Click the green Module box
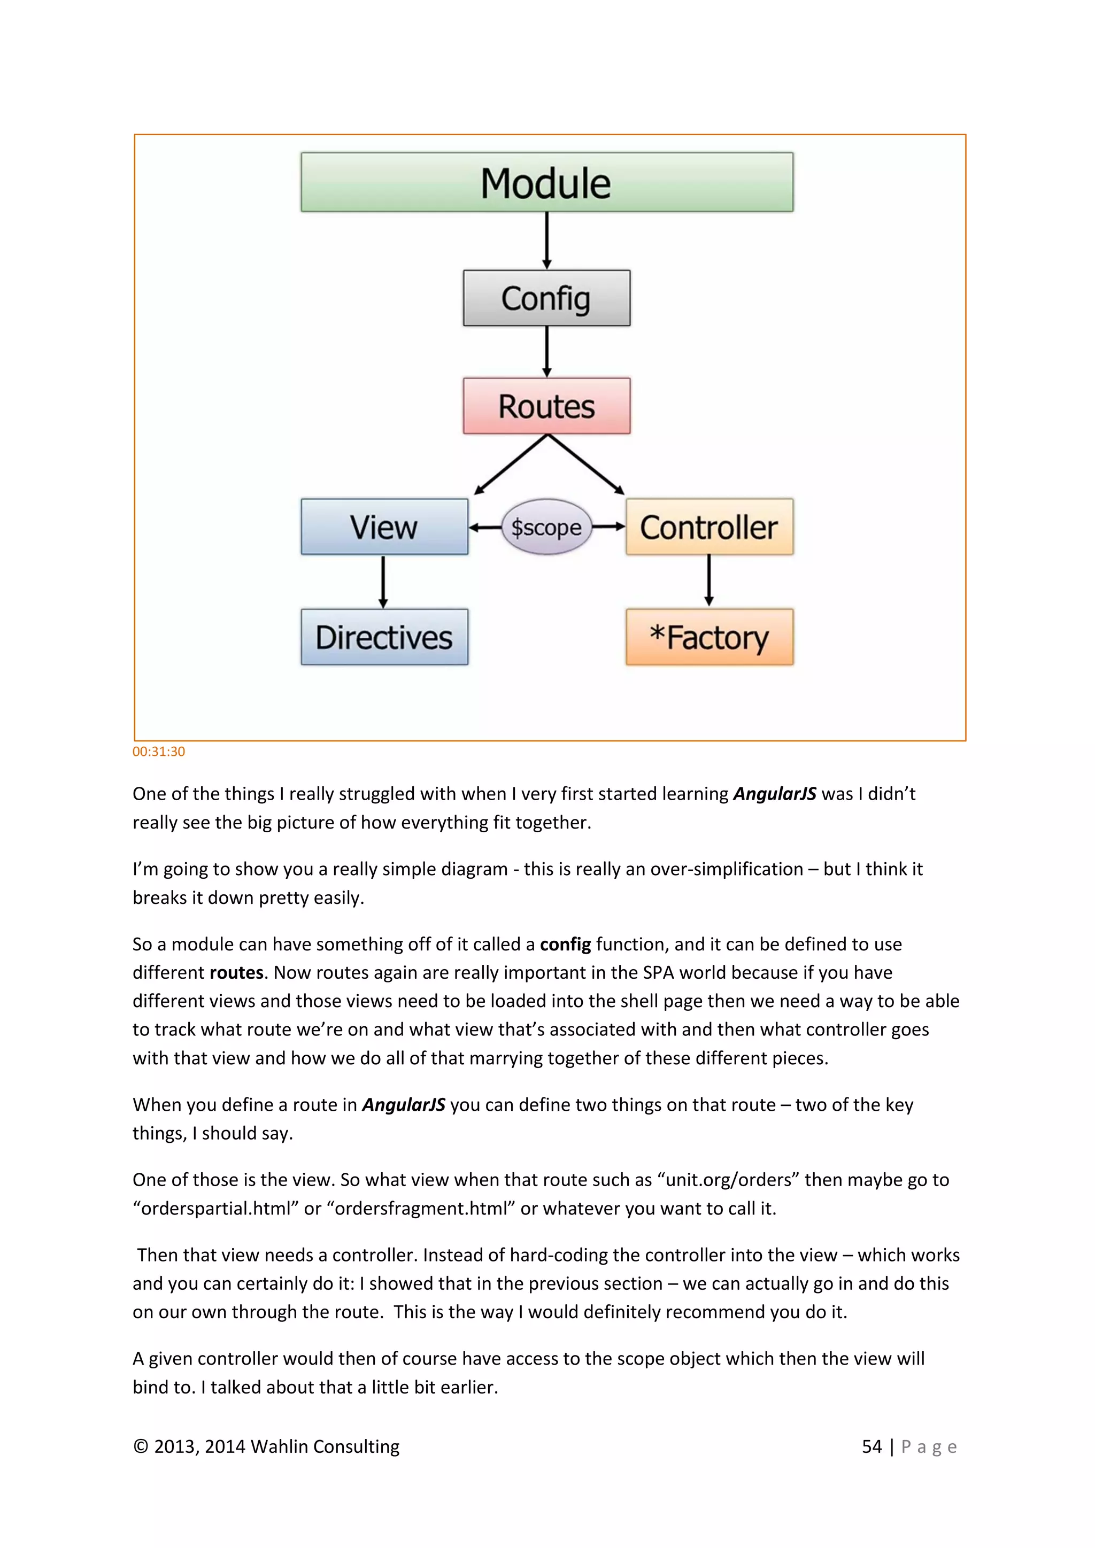coord(547,182)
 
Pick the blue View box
coord(384,527)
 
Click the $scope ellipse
coord(546,527)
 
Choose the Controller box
coord(710,527)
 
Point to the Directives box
coord(384,637)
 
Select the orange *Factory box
coord(710,637)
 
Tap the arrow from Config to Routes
coord(547,351)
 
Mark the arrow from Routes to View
coord(511,465)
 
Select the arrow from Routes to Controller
coord(585,464)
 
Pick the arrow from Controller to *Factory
coord(708,580)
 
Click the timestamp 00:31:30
coord(158,752)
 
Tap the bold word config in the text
coord(565,944)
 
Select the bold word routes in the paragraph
coord(236,972)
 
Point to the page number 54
coord(872,1447)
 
